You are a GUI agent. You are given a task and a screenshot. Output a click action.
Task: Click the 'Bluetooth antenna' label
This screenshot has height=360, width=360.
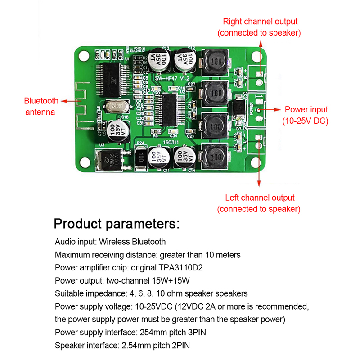[x=41, y=106]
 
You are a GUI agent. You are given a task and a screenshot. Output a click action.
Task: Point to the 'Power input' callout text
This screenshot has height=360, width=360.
[x=306, y=109]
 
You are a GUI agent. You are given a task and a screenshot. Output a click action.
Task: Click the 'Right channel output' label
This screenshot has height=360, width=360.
[x=260, y=21]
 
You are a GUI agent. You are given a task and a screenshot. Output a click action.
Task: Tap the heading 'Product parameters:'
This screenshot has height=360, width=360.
[x=117, y=224]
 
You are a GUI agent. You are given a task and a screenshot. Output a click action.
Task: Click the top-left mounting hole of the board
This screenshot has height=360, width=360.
[x=83, y=54]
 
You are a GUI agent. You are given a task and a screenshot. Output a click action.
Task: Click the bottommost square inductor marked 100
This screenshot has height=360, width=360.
[x=215, y=157]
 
